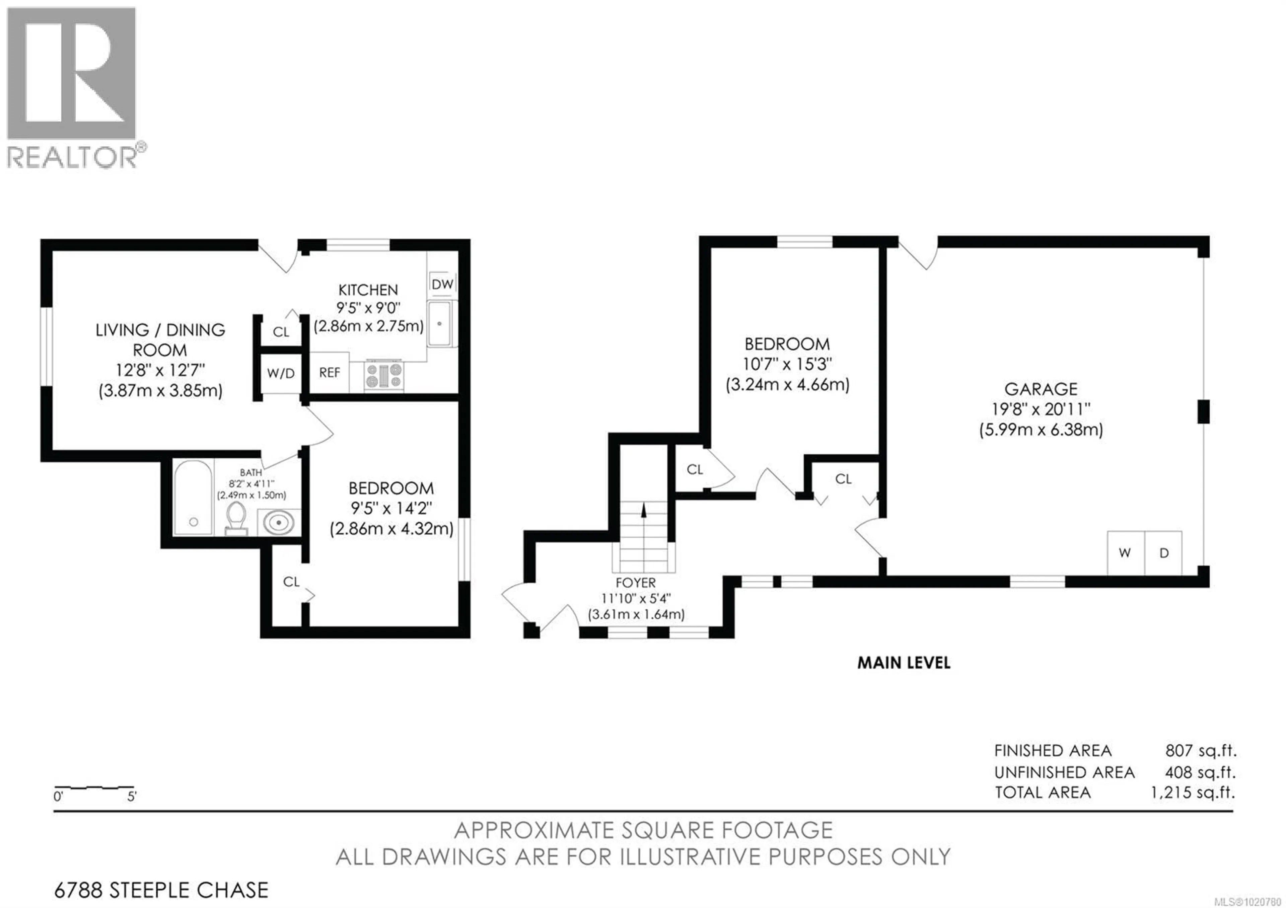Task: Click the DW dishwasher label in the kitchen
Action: [x=442, y=284]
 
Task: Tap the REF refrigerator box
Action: [x=329, y=372]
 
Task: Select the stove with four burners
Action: [x=384, y=375]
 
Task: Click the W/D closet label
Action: [x=281, y=373]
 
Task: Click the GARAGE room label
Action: [x=1040, y=389]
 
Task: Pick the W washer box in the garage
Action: [x=1125, y=553]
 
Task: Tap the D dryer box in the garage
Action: [x=1163, y=553]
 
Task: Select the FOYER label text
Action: [x=635, y=583]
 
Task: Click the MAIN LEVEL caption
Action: [x=904, y=663]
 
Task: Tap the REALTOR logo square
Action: [x=71, y=73]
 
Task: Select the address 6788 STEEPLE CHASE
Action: [x=161, y=890]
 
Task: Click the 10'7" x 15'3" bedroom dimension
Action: [x=787, y=364]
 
